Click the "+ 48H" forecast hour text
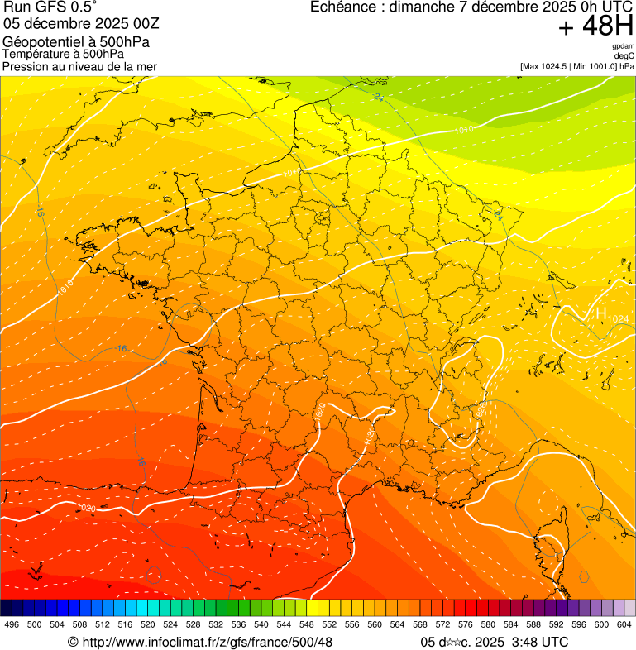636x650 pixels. [595, 27]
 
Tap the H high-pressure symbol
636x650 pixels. [601, 313]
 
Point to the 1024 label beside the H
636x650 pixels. [618, 319]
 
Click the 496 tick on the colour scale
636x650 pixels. [12, 624]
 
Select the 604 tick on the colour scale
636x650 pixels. [624, 624]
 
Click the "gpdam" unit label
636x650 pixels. [623, 46]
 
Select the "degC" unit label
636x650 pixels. [624, 55]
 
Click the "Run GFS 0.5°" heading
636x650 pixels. [50, 7]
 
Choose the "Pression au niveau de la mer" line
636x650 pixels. [79, 66]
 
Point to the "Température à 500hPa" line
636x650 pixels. [69, 55]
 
